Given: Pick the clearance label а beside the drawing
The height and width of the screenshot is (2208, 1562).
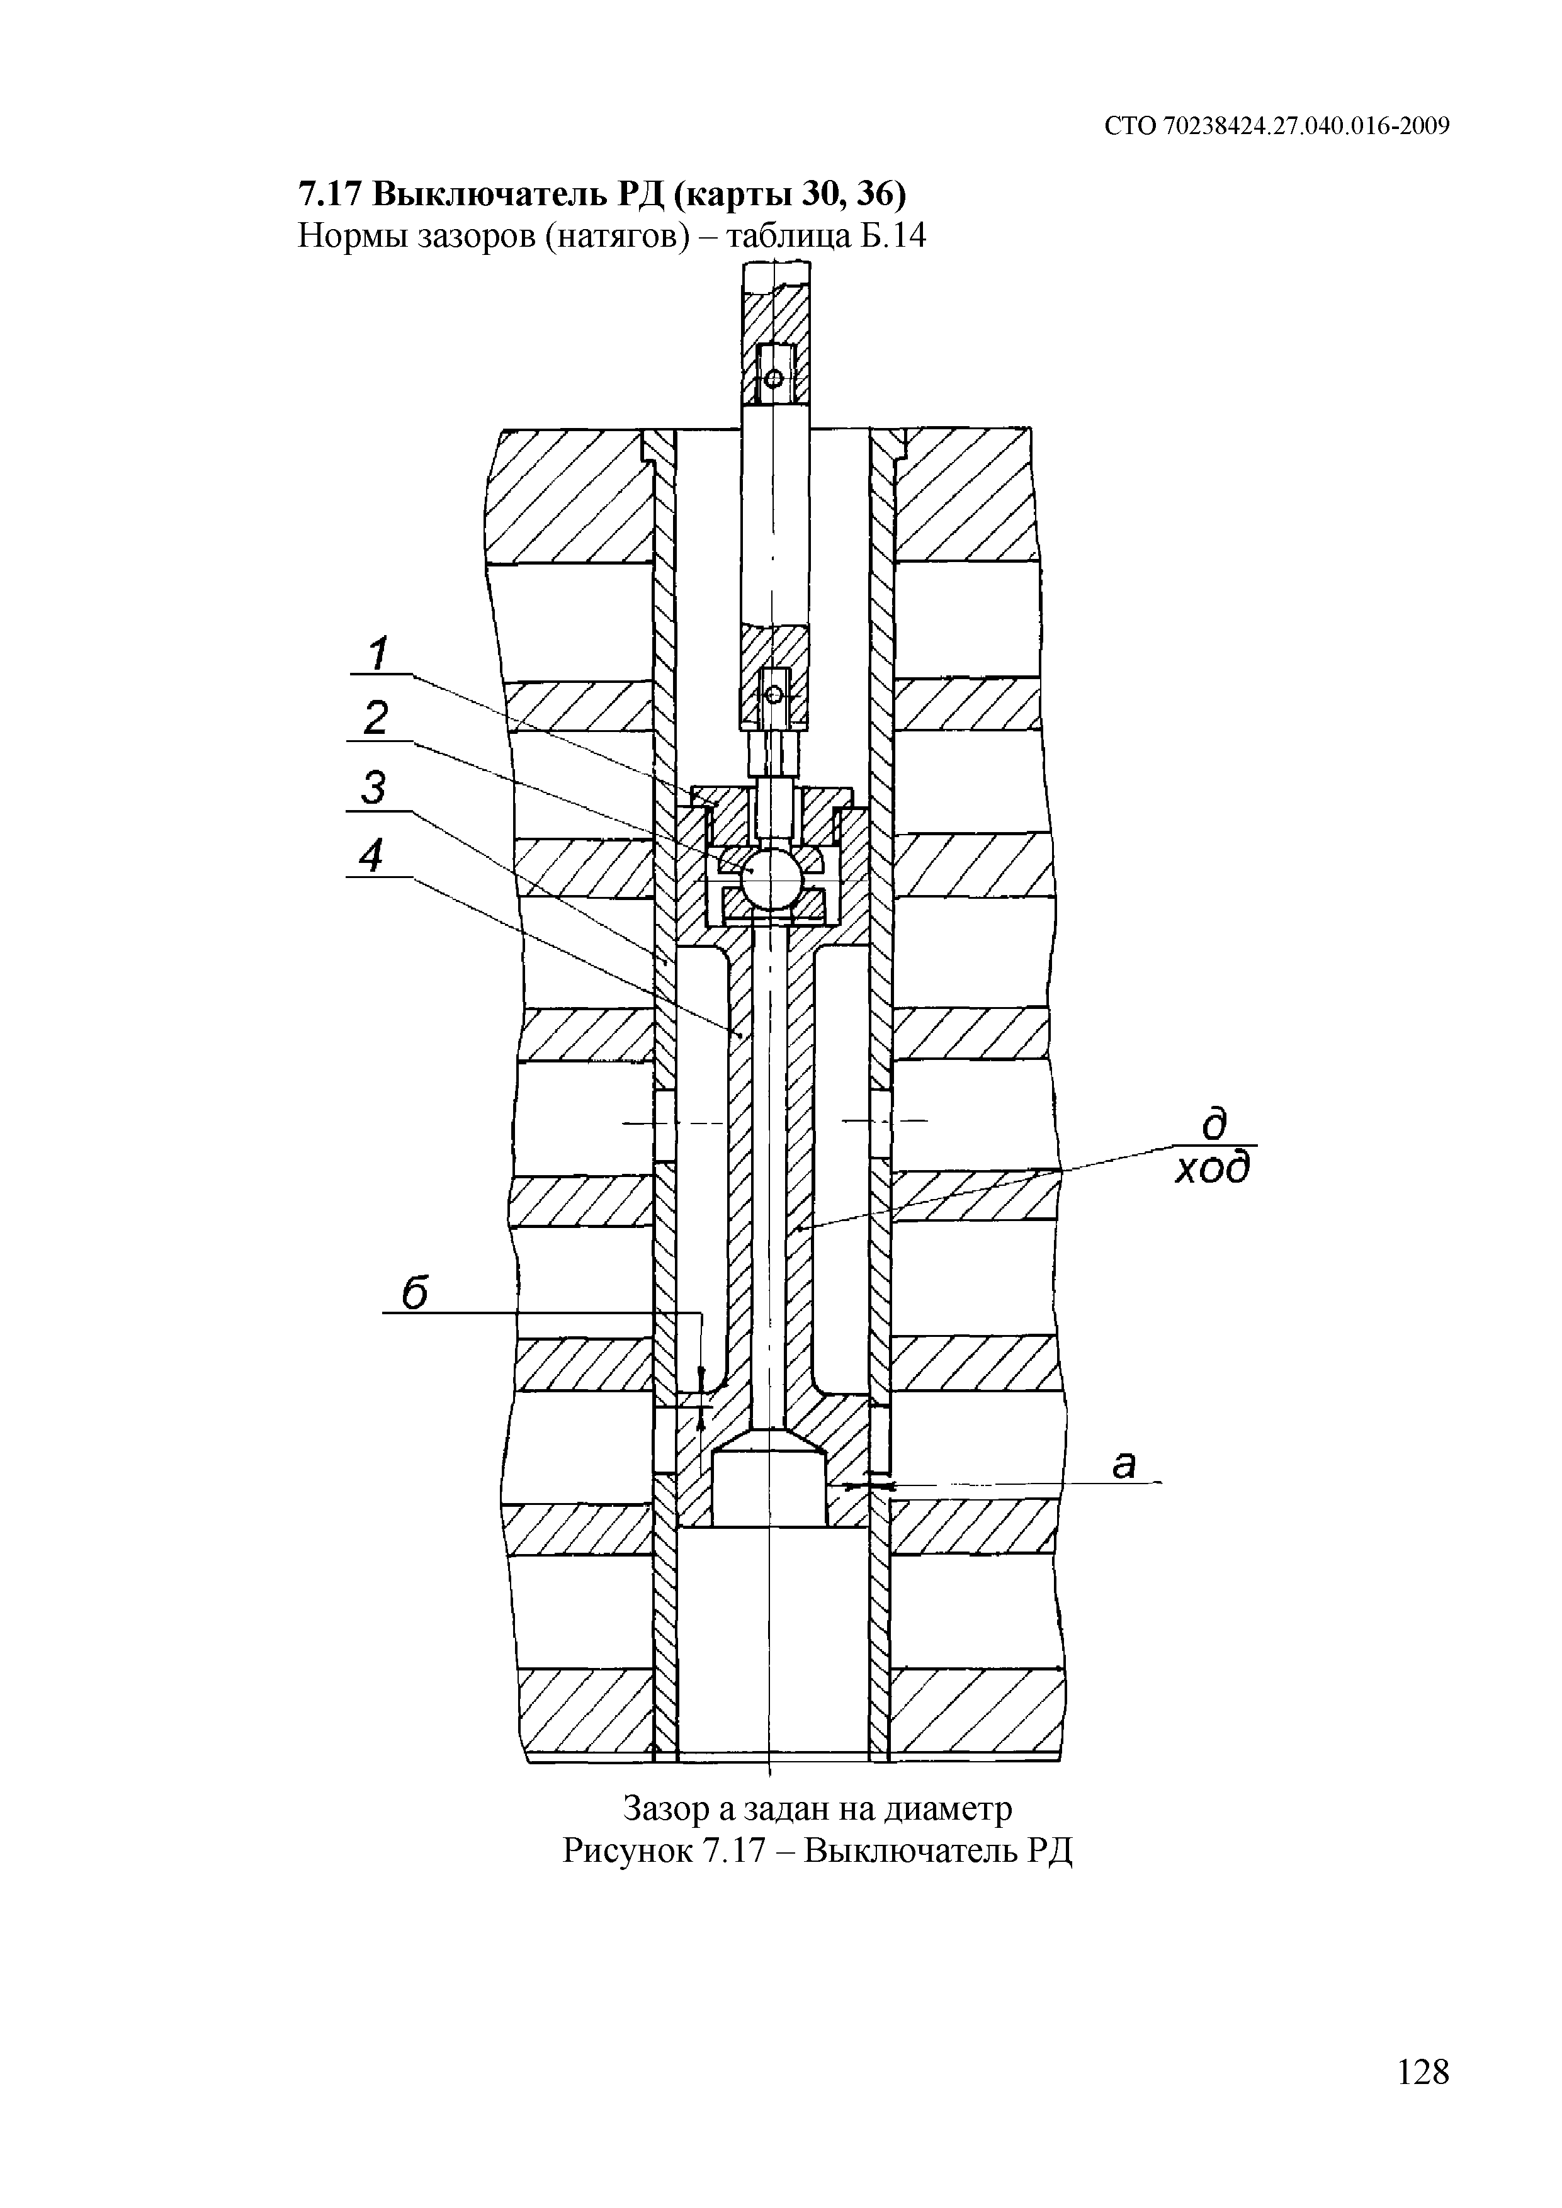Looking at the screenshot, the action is (x=1123, y=1465).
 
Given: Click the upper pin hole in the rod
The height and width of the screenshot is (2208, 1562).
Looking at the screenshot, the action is (x=773, y=378).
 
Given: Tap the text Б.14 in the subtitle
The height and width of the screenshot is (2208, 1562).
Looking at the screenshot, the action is (x=891, y=235).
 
